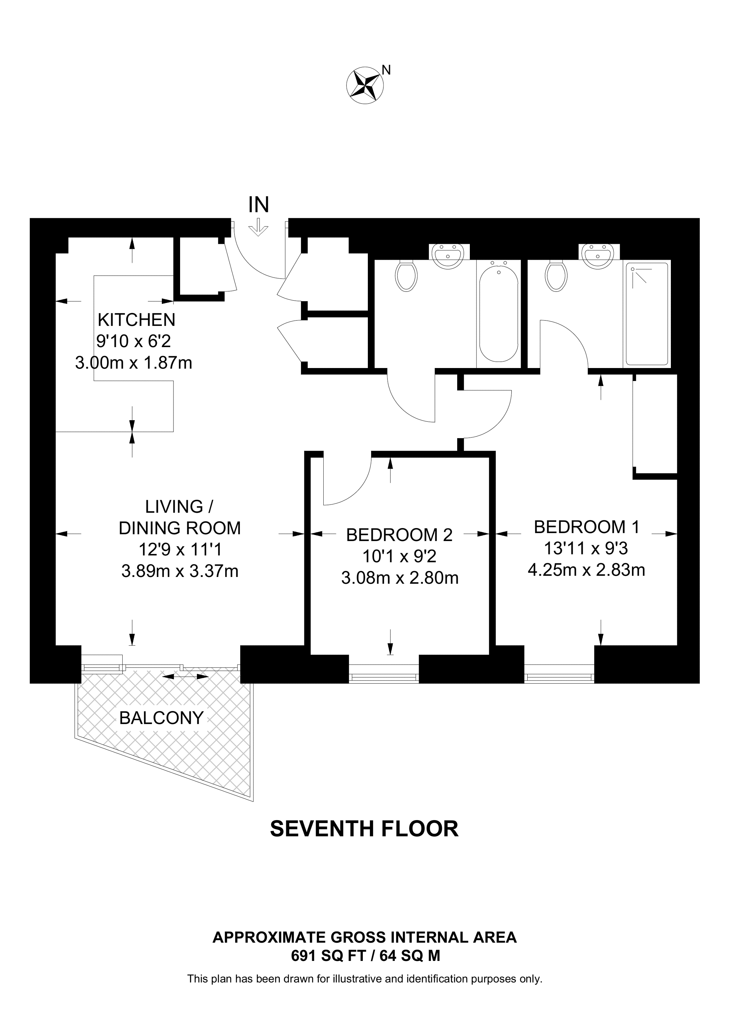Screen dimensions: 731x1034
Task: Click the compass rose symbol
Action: pos(365,86)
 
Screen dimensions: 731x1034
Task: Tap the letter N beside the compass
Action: pos(386,70)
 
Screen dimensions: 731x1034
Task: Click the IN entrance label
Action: pos(259,205)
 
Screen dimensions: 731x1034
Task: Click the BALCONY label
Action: pos(161,718)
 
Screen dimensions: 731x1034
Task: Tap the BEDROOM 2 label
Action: pos(399,535)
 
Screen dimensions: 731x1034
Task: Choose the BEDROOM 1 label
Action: pos(586,527)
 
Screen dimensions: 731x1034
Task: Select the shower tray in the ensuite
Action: pos(647,314)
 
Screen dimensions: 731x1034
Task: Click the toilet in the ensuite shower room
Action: pos(556,276)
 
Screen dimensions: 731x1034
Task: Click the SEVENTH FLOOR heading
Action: pos(364,829)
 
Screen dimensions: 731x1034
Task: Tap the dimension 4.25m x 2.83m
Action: pos(586,570)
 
